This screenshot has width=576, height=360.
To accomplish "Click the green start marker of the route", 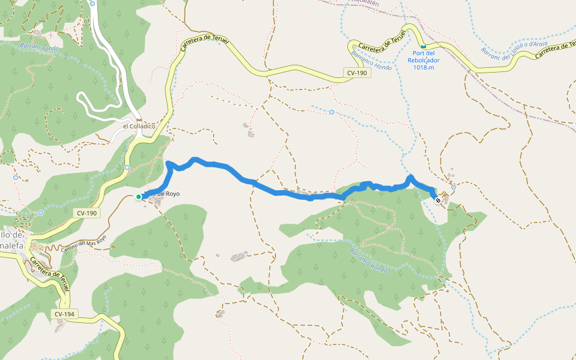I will (x=139, y=197).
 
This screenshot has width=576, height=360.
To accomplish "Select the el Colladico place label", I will (x=139, y=127).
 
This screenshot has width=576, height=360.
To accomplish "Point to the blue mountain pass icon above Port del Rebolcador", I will (x=424, y=46).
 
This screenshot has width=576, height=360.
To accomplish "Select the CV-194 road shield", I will (x=65, y=314).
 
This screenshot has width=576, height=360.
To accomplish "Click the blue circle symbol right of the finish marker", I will (x=454, y=187).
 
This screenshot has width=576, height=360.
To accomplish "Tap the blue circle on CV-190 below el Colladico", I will (x=127, y=167).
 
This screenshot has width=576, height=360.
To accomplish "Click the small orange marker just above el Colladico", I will (x=139, y=119).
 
